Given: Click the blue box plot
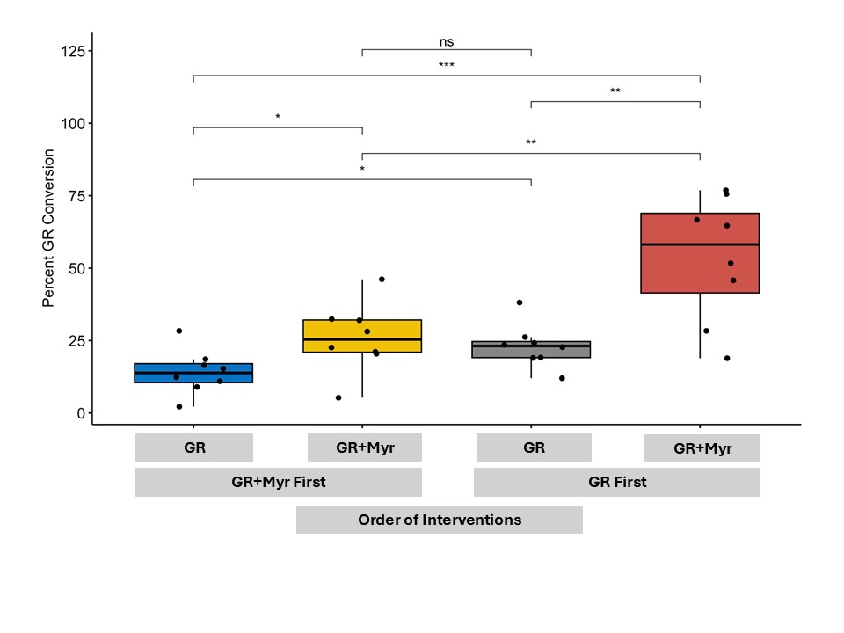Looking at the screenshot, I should click(x=193, y=373).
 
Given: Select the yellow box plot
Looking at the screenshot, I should click(x=362, y=336).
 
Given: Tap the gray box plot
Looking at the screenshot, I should click(x=531, y=349).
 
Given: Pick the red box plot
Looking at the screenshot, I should click(x=700, y=253).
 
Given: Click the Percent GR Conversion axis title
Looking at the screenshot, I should click(x=49, y=229).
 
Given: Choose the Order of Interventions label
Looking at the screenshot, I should click(x=440, y=520).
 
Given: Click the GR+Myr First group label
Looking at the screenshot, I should click(x=278, y=482).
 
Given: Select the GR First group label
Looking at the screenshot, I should click(x=617, y=482).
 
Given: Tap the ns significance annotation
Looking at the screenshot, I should click(x=447, y=41).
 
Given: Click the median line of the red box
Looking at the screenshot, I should click(x=700, y=244).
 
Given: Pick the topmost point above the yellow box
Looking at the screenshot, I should click(x=382, y=280).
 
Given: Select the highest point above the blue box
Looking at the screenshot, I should click(x=179, y=331).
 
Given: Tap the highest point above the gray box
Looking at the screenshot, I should click(x=520, y=302).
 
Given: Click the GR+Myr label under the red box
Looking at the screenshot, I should click(x=702, y=448).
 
